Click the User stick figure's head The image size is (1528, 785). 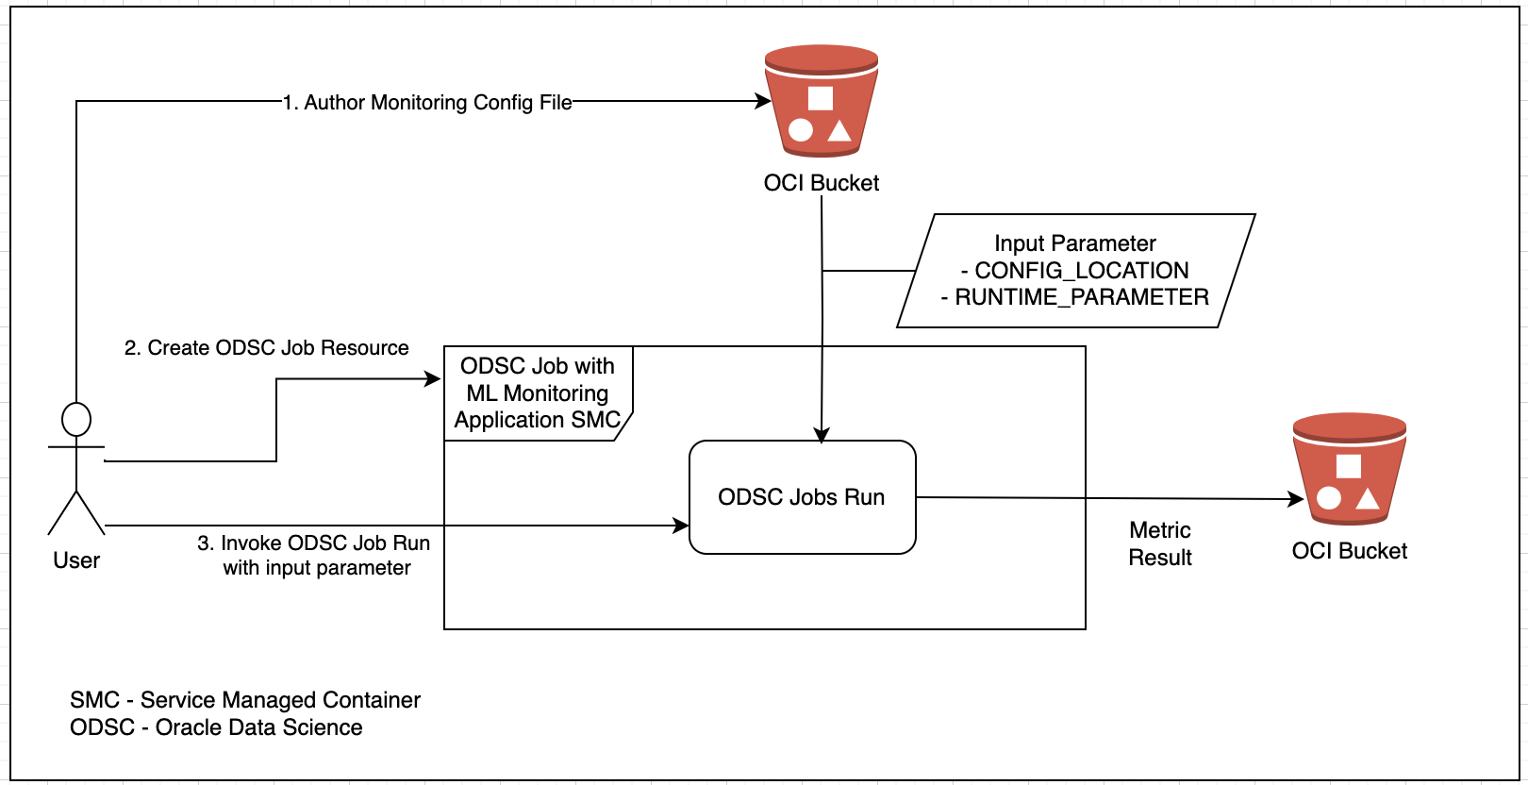pos(76,420)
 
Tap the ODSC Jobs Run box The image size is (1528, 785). pos(802,497)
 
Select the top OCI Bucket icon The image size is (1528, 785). pos(821,101)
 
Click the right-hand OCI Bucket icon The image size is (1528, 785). pos(1349,469)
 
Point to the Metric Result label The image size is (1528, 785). pos(1160,543)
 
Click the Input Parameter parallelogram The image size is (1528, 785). pos(1075,271)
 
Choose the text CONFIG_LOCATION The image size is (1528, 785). pos(1081,271)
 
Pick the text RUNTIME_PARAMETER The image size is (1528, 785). pos(1081,297)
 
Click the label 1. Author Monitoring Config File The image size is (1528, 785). pos(427,102)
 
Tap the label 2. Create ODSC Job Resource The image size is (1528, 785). pos(267,348)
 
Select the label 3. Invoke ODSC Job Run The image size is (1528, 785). pos(314,543)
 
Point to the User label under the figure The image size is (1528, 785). pos(76,560)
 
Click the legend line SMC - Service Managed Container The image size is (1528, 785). pos(245,700)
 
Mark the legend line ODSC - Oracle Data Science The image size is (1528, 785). pos(216,727)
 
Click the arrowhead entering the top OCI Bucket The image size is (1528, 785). pos(764,101)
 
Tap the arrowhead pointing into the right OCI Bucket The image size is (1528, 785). pos(1297,499)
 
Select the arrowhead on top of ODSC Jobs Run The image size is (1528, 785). pos(822,435)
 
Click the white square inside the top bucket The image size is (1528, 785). pos(821,98)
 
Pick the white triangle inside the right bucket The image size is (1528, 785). pos(1368,498)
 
